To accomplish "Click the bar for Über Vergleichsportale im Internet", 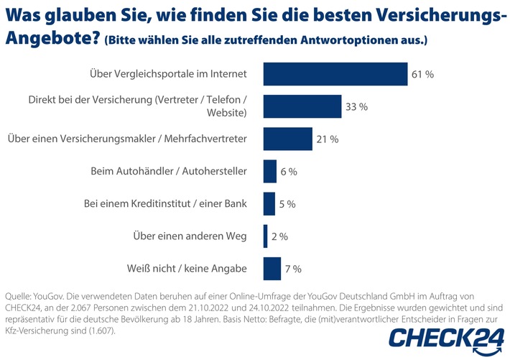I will click(x=335, y=73).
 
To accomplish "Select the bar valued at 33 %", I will click(x=302, y=106).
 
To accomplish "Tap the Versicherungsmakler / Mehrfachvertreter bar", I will click(x=287, y=139).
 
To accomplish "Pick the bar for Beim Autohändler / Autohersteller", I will click(x=270, y=171).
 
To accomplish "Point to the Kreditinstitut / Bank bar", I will click(x=269, y=203).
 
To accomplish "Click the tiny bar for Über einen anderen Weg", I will click(x=266, y=236).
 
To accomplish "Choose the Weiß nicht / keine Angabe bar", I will click(x=272, y=268).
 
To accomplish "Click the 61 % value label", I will click(x=423, y=74).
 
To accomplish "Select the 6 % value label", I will click(x=288, y=172).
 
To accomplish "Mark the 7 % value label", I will click(x=292, y=269).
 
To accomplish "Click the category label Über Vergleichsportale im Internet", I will click(x=168, y=73).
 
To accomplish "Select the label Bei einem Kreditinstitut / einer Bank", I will click(x=165, y=203).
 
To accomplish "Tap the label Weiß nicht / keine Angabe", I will click(x=186, y=268).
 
